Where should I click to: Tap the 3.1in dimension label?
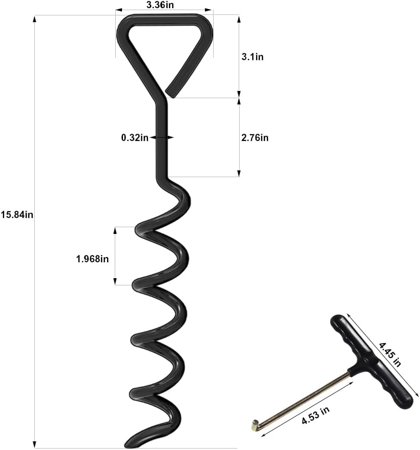253,57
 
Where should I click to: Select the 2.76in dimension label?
255,138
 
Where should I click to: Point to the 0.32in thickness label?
135,138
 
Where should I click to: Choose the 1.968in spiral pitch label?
93,258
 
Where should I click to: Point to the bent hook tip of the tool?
254,424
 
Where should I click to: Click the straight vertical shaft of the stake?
162,144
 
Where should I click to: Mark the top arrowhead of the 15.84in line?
34,19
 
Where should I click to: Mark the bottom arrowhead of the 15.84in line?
34,444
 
